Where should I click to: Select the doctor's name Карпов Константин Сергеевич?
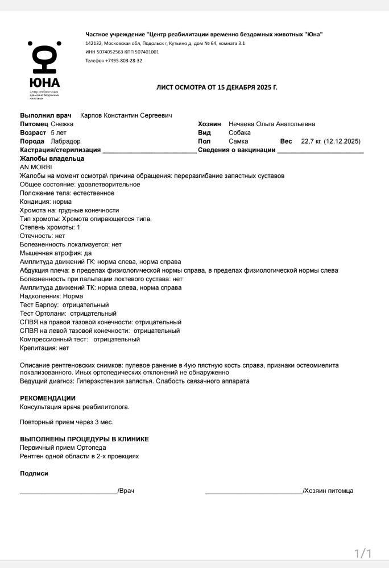click(x=126, y=115)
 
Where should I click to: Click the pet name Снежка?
click(x=62, y=124)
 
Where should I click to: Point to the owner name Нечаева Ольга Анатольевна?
click(x=271, y=124)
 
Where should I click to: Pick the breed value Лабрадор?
click(x=65, y=141)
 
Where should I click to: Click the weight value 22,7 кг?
click(x=311, y=141)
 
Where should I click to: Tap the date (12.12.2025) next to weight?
click(x=342, y=141)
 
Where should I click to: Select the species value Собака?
click(x=239, y=132)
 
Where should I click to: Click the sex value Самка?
click(x=238, y=141)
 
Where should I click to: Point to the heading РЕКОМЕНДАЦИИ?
click(x=48, y=398)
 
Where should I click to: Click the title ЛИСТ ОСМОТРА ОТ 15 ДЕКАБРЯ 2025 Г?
click(x=217, y=87)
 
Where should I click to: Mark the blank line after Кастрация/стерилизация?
click(x=150, y=151)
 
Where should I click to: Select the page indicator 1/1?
click(x=362, y=553)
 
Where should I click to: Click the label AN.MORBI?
click(x=36, y=167)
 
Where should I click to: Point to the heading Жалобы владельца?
click(x=52, y=158)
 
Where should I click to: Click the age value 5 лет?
click(x=59, y=132)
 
